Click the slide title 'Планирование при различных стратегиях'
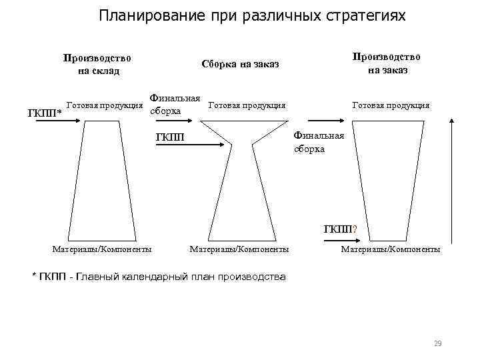[x=251, y=15]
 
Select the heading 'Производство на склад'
[x=97, y=64]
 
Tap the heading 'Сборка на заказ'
[x=239, y=65]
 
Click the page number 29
[x=437, y=343]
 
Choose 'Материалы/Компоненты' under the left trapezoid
[x=101, y=249]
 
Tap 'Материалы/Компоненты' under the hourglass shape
[x=239, y=249]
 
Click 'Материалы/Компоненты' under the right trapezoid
[x=391, y=249]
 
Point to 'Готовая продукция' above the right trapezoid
[x=391, y=105]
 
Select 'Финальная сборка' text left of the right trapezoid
[x=319, y=142]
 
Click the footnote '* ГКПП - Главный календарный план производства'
[x=159, y=277]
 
